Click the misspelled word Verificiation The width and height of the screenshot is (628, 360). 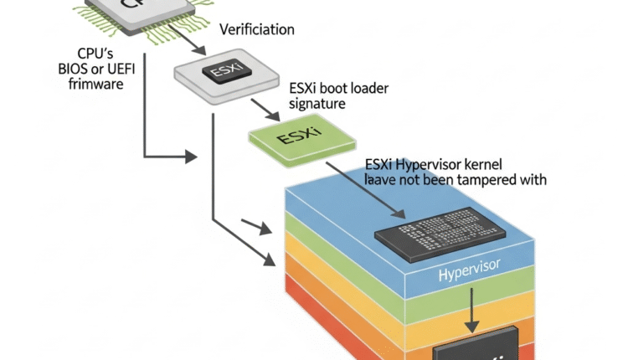point(256,30)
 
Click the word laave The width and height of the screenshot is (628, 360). point(382,179)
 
